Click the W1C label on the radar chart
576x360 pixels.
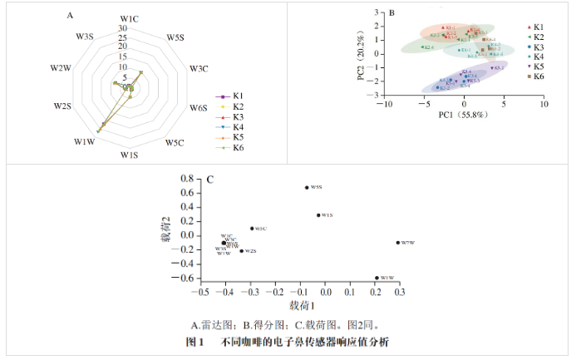pos(129,17)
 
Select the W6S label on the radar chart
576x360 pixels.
pos(198,108)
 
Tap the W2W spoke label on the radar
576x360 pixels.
pos(60,67)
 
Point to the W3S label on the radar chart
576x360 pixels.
pos(85,37)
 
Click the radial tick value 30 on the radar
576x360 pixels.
pos(122,29)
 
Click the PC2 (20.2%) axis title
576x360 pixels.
pos(361,57)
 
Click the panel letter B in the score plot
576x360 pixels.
pos(391,14)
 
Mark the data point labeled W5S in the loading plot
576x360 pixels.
pos(307,188)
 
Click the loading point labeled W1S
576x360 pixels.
pos(318,215)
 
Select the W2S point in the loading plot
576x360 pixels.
pos(241,250)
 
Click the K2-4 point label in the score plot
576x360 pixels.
pos(428,47)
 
